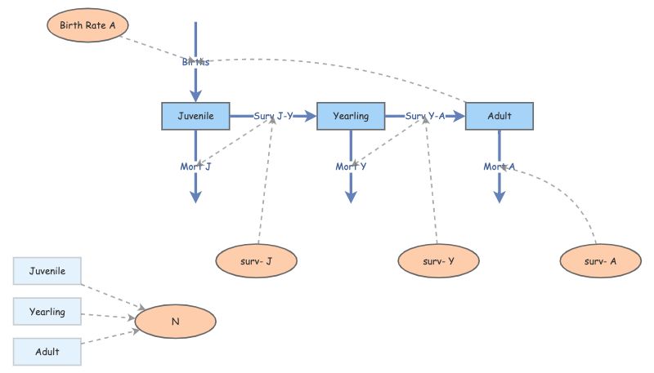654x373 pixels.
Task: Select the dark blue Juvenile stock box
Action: point(195,116)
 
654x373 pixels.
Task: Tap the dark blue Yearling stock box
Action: point(351,116)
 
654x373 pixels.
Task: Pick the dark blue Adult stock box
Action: point(499,116)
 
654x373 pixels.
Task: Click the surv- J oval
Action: point(257,261)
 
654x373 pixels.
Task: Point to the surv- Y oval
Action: point(438,261)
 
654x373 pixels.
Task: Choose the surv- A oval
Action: point(601,261)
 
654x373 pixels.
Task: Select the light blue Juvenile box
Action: point(47,271)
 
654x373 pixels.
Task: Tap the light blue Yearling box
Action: point(47,312)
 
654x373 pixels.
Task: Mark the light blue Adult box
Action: point(47,352)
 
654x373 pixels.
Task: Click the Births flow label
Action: point(195,62)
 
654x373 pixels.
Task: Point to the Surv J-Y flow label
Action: point(273,116)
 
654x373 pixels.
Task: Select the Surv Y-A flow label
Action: point(425,116)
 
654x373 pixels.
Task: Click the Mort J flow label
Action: point(195,167)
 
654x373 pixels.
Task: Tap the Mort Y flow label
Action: point(351,167)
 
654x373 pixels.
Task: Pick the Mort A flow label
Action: point(499,167)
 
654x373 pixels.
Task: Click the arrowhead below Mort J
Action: point(195,196)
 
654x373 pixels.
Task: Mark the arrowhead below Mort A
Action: point(499,196)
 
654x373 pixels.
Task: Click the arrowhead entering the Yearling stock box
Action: point(311,116)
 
